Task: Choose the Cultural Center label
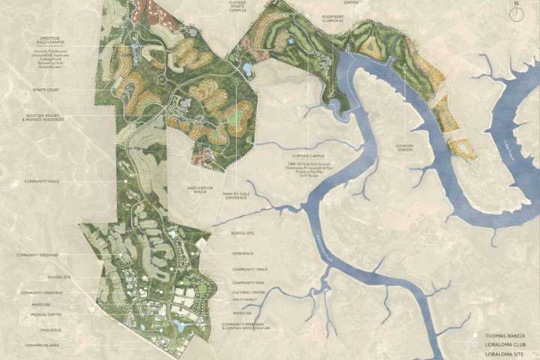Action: click(x=247, y=292)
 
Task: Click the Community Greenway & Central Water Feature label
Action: click(x=246, y=326)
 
